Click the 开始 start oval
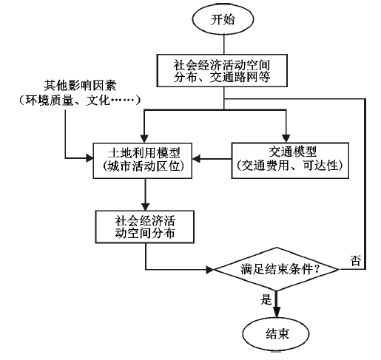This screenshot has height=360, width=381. tap(223, 19)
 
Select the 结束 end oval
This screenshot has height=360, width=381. tap(276, 334)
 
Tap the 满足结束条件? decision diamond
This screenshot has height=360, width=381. tap(277, 269)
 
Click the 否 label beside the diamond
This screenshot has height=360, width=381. tap(355, 260)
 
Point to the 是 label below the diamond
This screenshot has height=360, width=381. tap(266, 299)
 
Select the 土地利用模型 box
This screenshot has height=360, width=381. tap(143, 160)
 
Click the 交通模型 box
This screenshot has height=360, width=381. tap(290, 160)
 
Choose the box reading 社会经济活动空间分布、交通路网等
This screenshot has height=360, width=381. tap(222, 70)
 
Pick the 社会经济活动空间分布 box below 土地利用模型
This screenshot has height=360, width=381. tap(145, 227)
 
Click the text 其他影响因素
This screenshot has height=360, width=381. tap(80, 86)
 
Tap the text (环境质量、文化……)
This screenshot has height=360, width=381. tap(80, 101)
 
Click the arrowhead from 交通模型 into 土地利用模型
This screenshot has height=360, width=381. tap(196, 159)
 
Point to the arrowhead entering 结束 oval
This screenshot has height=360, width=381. tap(277, 313)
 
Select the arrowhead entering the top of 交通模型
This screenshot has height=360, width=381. tap(286, 138)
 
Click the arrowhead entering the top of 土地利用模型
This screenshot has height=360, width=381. tap(144, 139)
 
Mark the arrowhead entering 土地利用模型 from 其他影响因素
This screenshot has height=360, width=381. tap(90, 158)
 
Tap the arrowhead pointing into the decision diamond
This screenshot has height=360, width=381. tap(210, 270)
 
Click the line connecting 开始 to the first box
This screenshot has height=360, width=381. tap(224, 44)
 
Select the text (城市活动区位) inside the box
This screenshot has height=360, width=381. tap(144, 166)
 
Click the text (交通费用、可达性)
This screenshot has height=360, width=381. tap(290, 166)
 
